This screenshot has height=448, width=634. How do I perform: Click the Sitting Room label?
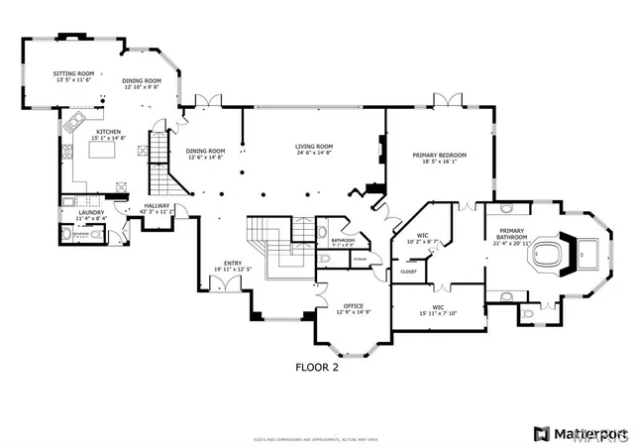coord(73,73)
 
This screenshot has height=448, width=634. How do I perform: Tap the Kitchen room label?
coord(108,132)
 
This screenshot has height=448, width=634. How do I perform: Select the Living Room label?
coord(313,147)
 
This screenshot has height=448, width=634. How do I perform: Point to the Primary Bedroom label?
coord(439,156)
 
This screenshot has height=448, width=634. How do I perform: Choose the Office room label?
coord(354,305)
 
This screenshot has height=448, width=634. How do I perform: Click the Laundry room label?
coord(92,211)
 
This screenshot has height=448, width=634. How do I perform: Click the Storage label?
coord(359,260)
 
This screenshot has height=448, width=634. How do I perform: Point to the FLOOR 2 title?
coord(317,366)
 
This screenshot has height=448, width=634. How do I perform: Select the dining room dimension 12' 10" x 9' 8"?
coord(142,87)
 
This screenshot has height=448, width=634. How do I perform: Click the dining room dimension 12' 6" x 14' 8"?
coord(205,158)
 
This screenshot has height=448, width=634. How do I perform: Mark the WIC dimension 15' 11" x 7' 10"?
coord(437,314)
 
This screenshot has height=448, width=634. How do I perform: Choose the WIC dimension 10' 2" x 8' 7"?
coord(422,242)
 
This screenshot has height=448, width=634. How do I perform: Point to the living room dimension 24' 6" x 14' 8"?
coord(313,153)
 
